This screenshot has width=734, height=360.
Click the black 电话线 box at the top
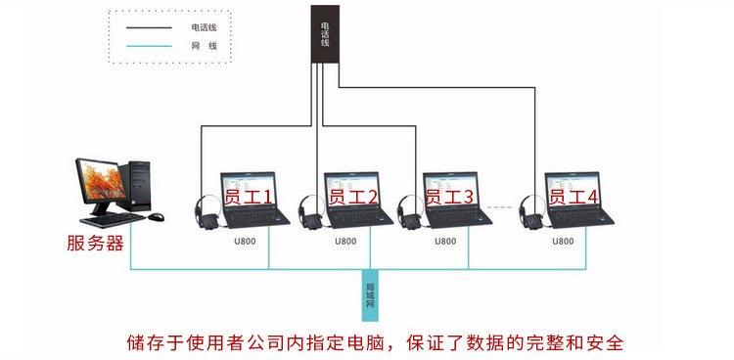tap(325, 33)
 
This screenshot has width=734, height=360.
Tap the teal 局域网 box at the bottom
tap(369, 295)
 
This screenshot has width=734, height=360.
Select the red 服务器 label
tap(95, 244)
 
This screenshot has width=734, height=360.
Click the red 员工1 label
tap(249, 197)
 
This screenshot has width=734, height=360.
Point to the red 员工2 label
tap(352, 197)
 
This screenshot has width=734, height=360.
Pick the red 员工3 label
tap(450, 197)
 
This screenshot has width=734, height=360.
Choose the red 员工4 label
tap(573, 197)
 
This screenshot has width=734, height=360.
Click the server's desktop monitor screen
tap(101, 180)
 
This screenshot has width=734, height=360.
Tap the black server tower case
tap(135, 186)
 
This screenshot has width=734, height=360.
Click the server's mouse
tap(157, 217)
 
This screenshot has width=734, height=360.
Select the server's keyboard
tap(113, 219)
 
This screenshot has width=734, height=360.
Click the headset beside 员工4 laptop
tap(532, 211)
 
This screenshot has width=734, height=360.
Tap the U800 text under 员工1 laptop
tap(246, 242)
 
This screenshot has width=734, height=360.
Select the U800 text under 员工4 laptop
tap(563, 242)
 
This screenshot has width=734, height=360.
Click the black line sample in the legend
tap(149, 28)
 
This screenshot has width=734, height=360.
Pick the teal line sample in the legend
tap(149, 46)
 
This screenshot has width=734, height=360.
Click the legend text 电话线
tap(204, 27)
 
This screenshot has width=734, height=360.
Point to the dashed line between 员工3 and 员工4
tap(500, 207)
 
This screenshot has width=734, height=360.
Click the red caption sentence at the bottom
tap(376, 342)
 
